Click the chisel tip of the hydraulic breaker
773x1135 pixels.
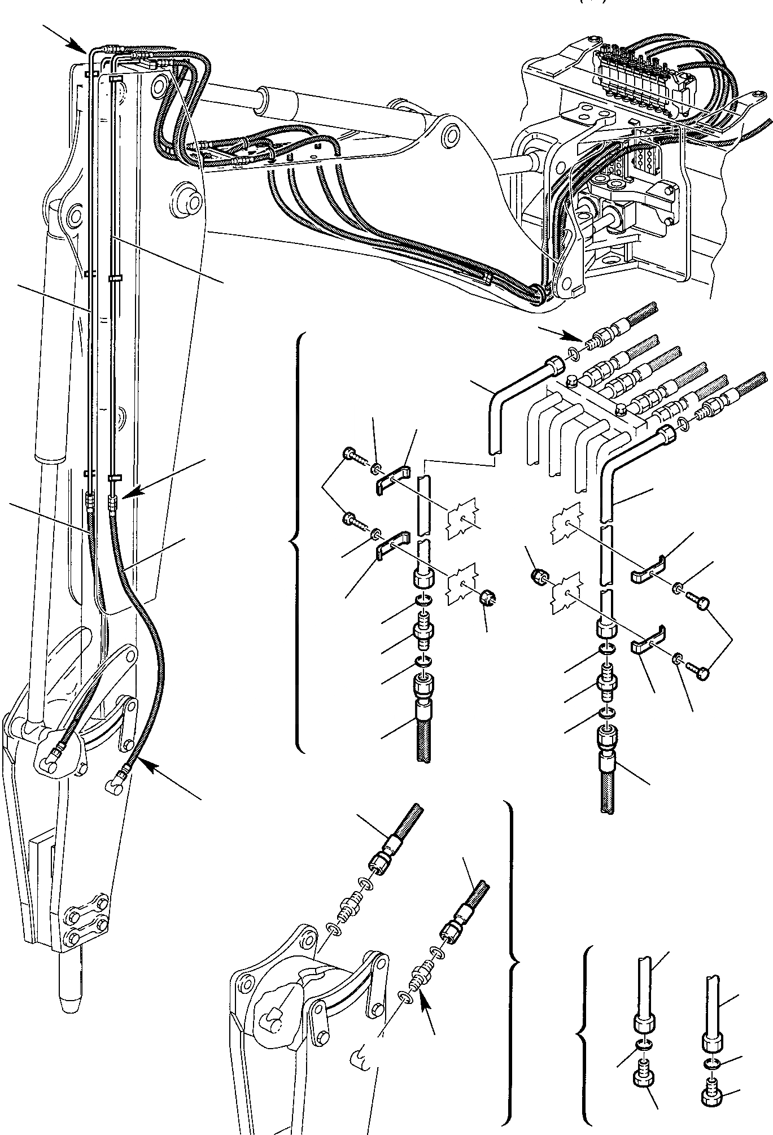68,1003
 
